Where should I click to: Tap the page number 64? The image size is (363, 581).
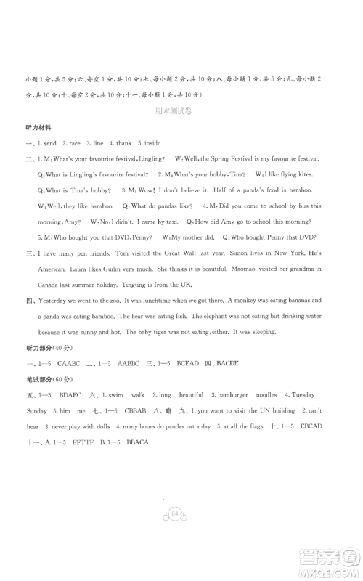(176, 535)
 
